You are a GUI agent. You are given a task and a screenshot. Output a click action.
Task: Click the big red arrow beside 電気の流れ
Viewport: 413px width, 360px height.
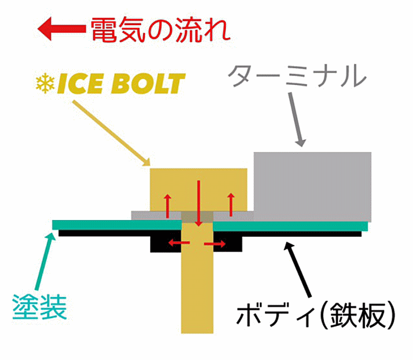62,29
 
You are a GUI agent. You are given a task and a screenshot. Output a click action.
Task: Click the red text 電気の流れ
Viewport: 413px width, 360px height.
161,30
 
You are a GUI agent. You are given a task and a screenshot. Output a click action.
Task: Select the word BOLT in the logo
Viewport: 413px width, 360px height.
148,84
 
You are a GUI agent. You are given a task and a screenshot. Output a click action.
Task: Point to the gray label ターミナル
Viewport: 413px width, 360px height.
297,76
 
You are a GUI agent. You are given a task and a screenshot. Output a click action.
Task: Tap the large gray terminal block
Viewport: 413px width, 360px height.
312,187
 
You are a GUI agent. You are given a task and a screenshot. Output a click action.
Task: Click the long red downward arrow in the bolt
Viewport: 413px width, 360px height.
199,203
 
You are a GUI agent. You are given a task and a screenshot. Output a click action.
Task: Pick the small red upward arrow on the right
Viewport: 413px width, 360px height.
231,205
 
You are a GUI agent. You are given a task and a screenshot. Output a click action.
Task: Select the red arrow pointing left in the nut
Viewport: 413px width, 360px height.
179,243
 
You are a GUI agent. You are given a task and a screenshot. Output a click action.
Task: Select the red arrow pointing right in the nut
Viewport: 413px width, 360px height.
215,244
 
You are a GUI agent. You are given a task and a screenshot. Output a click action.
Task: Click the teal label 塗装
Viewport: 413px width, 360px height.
40,307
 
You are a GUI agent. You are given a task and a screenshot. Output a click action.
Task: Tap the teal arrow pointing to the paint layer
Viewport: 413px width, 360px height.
45,261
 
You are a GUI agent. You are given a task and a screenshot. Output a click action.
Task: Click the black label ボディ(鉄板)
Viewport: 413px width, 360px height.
316,315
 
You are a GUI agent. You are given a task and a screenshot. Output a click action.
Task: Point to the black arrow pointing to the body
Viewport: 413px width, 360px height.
297,270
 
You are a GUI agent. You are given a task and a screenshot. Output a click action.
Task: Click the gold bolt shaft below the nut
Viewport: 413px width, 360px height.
197,292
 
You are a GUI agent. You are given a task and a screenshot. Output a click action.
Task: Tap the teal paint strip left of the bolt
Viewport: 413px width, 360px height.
117,225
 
